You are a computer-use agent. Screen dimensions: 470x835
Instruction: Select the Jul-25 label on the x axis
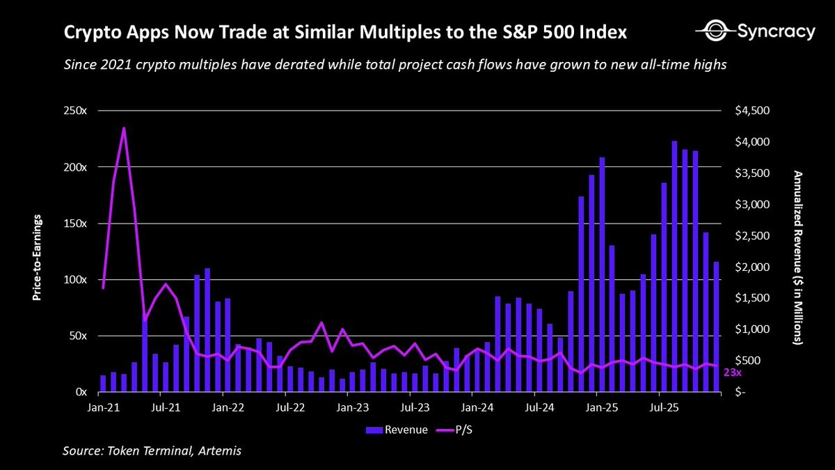coord(664,405)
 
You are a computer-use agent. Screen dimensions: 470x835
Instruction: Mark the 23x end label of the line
coord(733,373)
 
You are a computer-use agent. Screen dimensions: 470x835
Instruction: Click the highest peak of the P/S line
coord(124,128)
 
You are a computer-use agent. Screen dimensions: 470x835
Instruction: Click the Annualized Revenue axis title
coord(798,258)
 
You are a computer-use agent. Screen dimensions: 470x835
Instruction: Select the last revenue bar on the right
coord(716,327)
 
